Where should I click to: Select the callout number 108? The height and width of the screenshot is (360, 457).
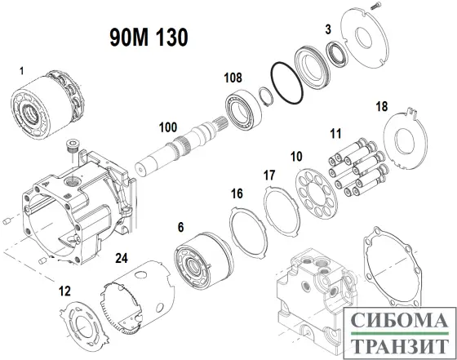click(x=234, y=78)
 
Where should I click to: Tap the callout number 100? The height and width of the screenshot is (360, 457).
click(x=168, y=127)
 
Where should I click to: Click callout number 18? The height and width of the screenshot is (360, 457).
click(x=404, y=107)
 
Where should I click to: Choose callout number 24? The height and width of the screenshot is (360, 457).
click(x=122, y=259)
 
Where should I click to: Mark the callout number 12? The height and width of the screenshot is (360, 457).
click(x=64, y=291)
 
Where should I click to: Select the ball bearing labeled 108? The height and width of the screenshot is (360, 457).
click(x=242, y=109)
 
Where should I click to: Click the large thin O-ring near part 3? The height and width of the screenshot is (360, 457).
click(x=287, y=86)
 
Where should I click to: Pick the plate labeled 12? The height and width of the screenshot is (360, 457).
click(x=87, y=322)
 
